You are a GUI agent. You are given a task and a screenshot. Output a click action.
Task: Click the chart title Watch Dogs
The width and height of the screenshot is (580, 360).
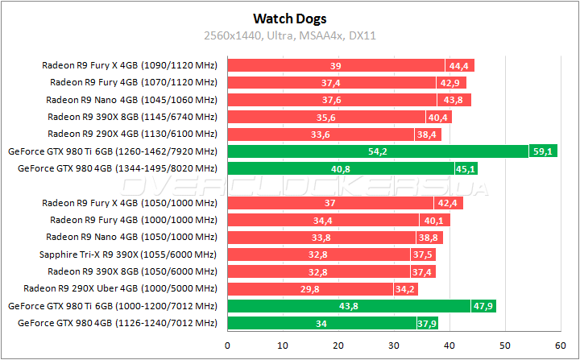point(289,17)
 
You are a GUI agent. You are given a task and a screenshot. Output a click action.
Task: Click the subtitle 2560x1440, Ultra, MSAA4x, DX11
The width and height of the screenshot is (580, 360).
point(289,35)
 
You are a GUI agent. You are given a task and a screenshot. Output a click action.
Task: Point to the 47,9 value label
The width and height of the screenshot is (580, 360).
point(483,306)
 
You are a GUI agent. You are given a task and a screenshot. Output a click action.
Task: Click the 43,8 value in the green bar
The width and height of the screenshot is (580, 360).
point(349,306)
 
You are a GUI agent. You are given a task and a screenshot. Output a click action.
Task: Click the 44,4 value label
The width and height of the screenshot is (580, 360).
point(460,65)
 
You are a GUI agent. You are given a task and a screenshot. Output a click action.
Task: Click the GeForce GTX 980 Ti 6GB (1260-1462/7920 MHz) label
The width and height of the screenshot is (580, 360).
point(112,151)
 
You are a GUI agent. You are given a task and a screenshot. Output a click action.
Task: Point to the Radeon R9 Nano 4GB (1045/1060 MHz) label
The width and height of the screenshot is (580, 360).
point(131,100)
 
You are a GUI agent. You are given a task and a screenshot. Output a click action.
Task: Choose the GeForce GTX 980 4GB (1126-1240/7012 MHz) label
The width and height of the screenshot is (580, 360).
point(112,323)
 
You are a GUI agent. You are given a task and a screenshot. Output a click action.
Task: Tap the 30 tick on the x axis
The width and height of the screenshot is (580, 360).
point(394,345)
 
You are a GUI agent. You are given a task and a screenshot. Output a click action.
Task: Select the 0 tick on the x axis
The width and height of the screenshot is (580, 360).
point(228,345)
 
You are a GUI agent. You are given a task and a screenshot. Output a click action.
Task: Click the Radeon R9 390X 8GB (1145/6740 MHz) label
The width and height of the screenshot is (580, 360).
point(132,117)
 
